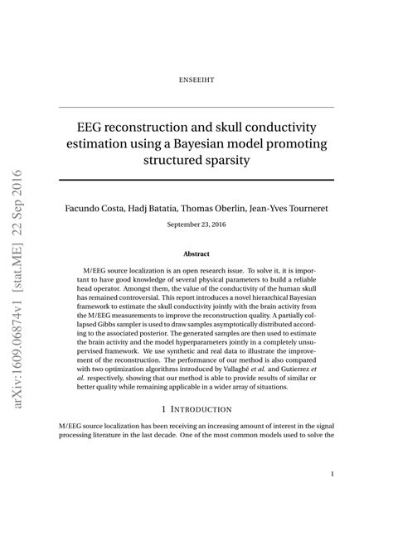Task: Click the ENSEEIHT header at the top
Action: (x=196, y=80)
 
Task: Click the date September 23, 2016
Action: (x=196, y=224)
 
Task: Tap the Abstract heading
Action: (x=196, y=253)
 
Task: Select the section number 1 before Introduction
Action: (x=165, y=408)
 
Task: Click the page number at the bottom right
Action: (x=332, y=475)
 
